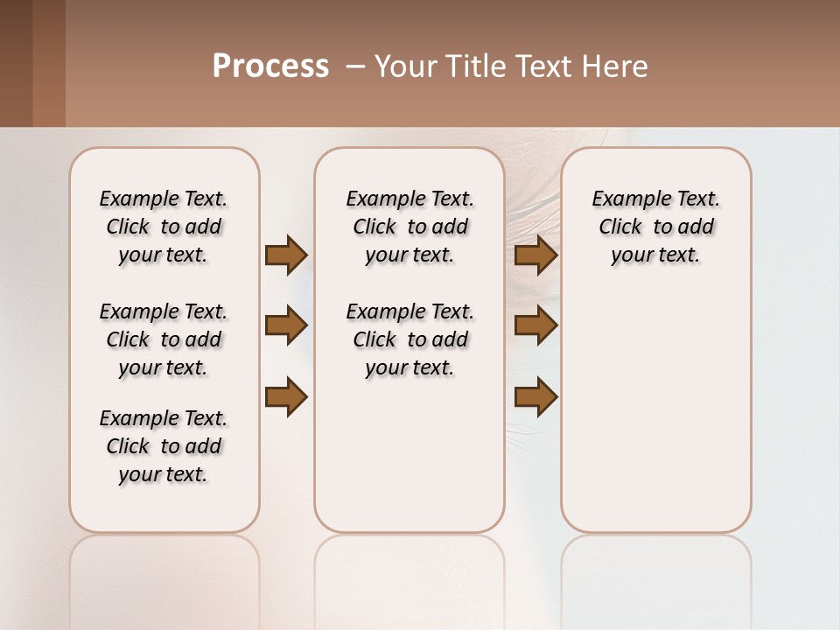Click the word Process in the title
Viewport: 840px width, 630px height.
[x=270, y=66]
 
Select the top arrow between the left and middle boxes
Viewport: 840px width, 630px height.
[x=286, y=255]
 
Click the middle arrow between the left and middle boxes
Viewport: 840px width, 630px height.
[x=286, y=326]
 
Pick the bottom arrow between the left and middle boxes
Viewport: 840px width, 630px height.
[x=286, y=397]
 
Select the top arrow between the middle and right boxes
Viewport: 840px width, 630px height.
[x=536, y=255]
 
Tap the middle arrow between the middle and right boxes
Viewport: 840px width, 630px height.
[x=536, y=326]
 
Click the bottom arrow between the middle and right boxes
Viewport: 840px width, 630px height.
[x=536, y=397]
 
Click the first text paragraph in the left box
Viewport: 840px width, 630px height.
[x=164, y=227]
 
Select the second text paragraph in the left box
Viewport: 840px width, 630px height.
[x=164, y=339]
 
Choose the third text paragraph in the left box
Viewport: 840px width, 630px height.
[x=164, y=446]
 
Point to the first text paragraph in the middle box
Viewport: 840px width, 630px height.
[x=409, y=227]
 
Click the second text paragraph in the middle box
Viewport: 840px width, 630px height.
[x=409, y=339]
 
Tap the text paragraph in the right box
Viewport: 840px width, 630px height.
[x=656, y=227]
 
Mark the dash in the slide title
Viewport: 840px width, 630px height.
[x=355, y=66]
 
